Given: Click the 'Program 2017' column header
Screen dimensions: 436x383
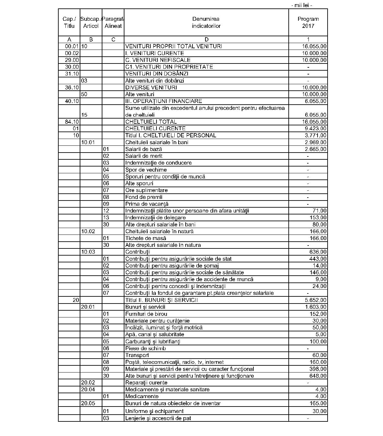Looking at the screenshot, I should [x=308, y=22].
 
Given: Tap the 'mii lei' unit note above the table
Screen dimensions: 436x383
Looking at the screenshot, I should [x=302, y=5].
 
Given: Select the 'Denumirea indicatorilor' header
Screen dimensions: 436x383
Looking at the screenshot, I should [x=206, y=22].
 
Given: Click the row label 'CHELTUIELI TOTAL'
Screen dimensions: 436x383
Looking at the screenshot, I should [x=151, y=122].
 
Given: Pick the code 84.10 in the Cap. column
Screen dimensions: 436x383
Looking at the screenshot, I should [x=72, y=122].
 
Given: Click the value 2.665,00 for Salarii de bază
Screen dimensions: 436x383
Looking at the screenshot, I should [x=316, y=149].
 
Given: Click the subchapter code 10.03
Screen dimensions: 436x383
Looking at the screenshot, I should [x=88, y=252].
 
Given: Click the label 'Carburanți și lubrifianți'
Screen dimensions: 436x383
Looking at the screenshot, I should [x=153, y=341].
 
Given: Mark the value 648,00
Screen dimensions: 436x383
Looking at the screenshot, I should [x=318, y=376].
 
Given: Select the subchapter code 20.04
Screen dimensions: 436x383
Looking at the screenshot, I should [x=88, y=389].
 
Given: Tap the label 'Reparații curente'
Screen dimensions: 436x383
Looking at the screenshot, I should [x=146, y=383].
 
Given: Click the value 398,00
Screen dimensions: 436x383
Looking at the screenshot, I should [x=318, y=369].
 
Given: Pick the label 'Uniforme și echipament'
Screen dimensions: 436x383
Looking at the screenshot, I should [x=154, y=411].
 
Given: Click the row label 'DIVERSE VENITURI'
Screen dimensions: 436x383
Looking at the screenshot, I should [x=151, y=87].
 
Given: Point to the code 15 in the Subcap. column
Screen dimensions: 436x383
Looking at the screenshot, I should [x=84, y=115].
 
